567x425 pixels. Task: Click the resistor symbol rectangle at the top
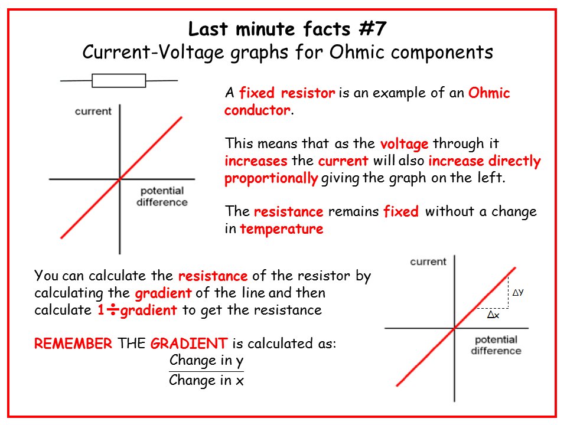[119, 80]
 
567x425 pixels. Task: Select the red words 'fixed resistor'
[287, 93]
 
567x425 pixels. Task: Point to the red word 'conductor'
[257, 110]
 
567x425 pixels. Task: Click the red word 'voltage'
[405, 143]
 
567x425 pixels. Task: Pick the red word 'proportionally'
[271, 178]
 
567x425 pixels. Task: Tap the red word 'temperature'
[282, 229]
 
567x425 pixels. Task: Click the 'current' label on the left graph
[93, 111]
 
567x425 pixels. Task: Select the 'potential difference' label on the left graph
[162, 197]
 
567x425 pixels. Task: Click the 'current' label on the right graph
[428, 261]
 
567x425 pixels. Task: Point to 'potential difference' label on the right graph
[496, 345]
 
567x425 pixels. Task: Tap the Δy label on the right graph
[517, 292]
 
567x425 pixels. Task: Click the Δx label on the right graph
[493, 315]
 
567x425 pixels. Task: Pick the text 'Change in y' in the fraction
[206, 361]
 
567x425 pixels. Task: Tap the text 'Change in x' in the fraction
[206, 381]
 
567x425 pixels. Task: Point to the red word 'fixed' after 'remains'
[401, 212]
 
